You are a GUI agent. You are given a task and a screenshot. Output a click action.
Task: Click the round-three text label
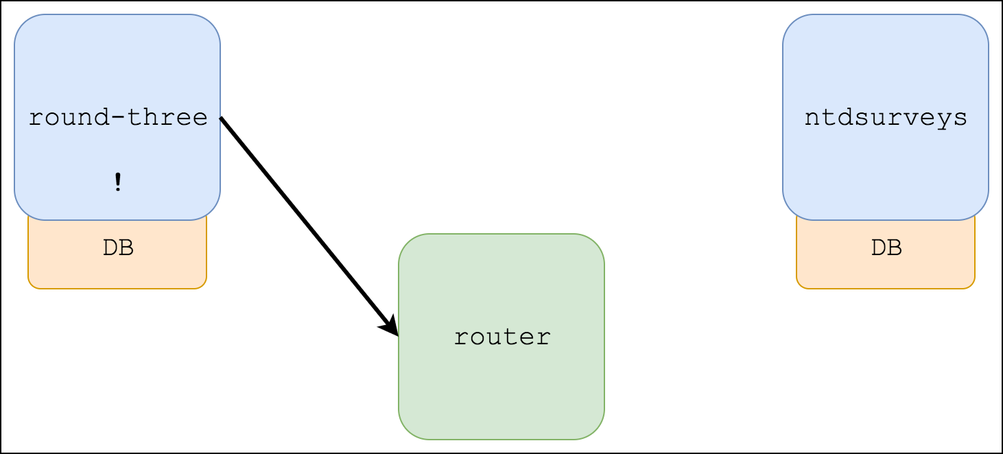click(x=118, y=118)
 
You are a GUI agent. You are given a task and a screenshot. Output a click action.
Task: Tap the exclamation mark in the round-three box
click(x=118, y=182)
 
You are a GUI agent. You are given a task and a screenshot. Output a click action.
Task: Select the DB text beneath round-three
click(x=118, y=248)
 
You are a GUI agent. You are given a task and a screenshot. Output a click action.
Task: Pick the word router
click(x=501, y=337)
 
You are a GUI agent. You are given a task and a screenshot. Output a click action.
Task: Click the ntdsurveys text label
click(x=886, y=118)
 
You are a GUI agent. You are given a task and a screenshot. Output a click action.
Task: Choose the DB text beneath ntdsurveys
click(x=886, y=248)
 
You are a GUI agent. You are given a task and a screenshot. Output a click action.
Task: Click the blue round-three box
click(x=117, y=55)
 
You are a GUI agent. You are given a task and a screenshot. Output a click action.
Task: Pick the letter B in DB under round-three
click(x=126, y=248)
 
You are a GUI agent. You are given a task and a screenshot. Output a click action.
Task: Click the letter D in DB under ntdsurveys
click(x=878, y=248)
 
